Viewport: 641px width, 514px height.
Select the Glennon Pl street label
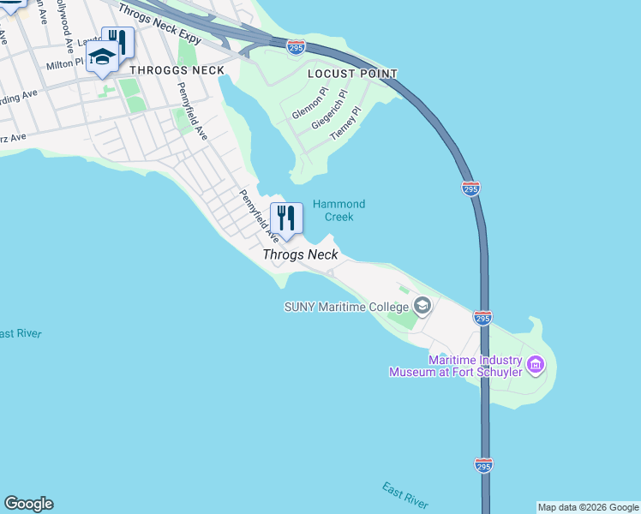coord(309,104)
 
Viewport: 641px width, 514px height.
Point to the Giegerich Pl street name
coord(329,109)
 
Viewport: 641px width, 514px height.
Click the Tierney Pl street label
coord(347,123)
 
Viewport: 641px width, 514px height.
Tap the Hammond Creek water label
coord(338,210)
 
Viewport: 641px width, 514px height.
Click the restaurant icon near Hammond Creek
coord(286,218)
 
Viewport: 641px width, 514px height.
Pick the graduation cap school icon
coord(102,58)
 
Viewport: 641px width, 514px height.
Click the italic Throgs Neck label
coord(300,255)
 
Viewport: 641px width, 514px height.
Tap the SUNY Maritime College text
coord(347,306)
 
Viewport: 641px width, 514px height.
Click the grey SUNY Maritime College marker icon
coord(422,305)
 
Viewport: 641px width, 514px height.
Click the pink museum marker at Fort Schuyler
coord(536,365)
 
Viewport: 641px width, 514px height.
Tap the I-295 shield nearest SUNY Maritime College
coord(482,318)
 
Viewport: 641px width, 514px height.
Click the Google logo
coord(28,504)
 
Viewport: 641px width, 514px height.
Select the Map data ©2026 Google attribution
coord(588,507)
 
